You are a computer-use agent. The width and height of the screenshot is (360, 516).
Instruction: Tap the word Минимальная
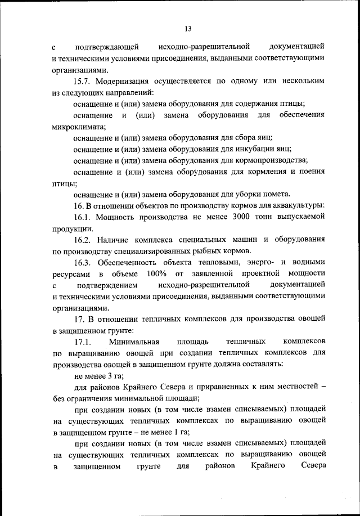coord(135,342)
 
